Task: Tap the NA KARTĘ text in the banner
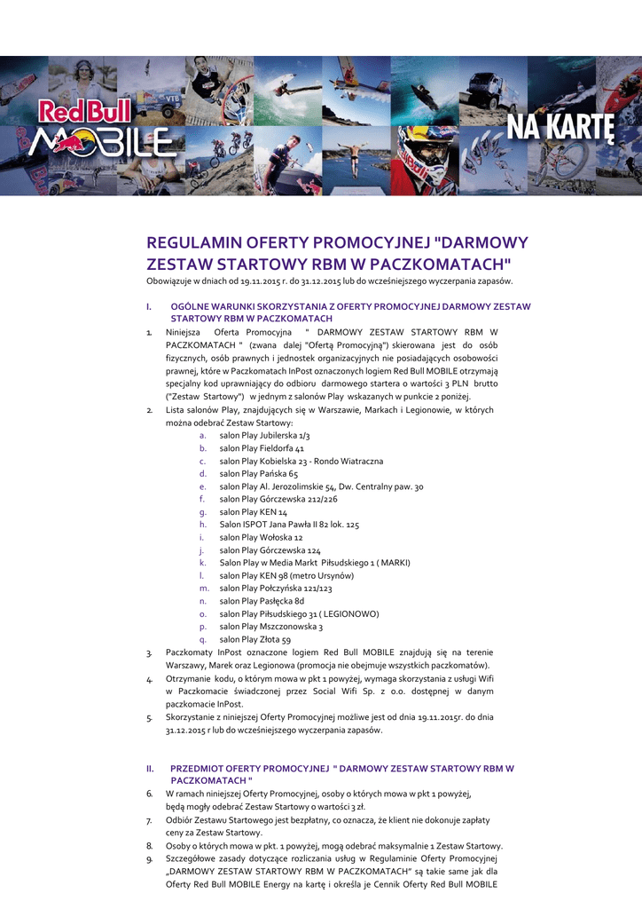coord(560,130)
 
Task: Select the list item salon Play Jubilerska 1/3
coord(264,436)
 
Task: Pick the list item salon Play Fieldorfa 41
coord(262,449)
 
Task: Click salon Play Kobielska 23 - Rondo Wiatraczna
coord(301,462)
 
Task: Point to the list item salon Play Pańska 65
coord(258,474)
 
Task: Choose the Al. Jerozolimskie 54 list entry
coord(321,486)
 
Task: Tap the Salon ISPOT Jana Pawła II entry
coord(289,525)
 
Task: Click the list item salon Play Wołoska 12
coord(261,538)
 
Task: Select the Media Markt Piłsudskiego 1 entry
coord(315,563)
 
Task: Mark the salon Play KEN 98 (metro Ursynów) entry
coord(286,575)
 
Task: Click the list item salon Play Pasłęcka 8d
coord(262,601)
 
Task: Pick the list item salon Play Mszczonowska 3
coord(270,627)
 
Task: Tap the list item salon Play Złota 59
coord(254,639)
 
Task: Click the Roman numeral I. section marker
coord(150,306)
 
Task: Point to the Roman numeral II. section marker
coord(151,767)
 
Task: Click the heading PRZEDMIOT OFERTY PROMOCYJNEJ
coord(248,767)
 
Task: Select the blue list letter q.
coord(203,639)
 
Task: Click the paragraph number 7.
coord(150,820)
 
